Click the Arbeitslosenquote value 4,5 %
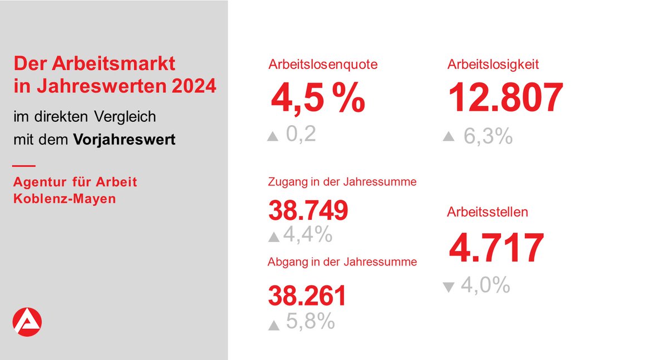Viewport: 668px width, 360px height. pyautogui.click(x=317, y=98)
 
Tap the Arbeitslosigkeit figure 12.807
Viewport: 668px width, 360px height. pyautogui.click(x=505, y=98)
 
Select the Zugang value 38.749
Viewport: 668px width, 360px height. pyautogui.click(x=308, y=210)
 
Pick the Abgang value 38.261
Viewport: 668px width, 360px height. pyautogui.click(x=307, y=296)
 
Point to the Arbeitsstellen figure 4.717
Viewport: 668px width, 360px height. pyautogui.click(x=496, y=249)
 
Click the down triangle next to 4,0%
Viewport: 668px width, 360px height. pyautogui.click(x=449, y=287)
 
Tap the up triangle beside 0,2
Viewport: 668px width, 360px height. pyautogui.click(x=273, y=136)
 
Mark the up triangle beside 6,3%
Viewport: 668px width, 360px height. pyautogui.click(x=449, y=136)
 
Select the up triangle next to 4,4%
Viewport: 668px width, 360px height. pyautogui.click(x=273, y=237)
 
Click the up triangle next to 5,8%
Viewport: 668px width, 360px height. pyautogui.click(x=273, y=326)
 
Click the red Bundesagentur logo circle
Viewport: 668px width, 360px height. pyautogui.click(x=27, y=322)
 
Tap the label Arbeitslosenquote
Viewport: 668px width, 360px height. pyautogui.click(x=323, y=65)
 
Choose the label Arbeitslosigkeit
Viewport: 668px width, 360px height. pyautogui.click(x=493, y=65)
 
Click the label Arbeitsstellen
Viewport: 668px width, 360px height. pyautogui.click(x=488, y=212)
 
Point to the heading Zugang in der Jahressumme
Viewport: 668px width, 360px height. pyautogui.click(x=342, y=181)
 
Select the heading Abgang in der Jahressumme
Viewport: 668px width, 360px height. pyautogui.click(x=342, y=262)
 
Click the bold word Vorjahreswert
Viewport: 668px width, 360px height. pyautogui.click(x=124, y=139)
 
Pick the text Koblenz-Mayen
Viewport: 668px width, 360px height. pyautogui.click(x=65, y=198)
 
